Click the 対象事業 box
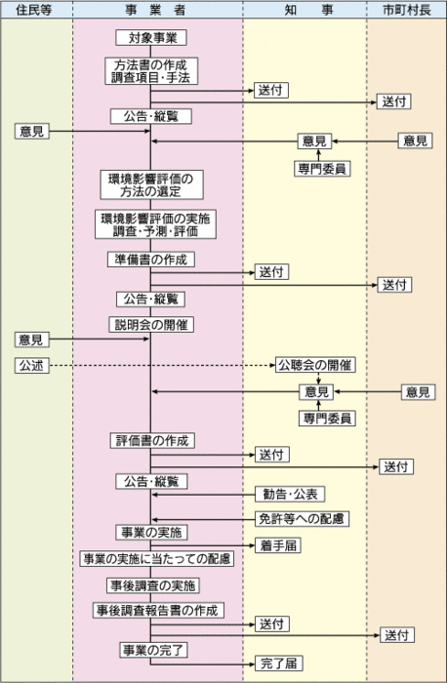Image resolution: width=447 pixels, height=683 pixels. (x=150, y=39)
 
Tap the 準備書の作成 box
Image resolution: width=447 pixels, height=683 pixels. (x=150, y=260)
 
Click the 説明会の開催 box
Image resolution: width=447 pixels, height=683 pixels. (x=150, y=323)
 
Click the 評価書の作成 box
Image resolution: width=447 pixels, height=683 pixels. (x=150, y=441)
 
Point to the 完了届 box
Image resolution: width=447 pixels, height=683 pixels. (x=278, y=663)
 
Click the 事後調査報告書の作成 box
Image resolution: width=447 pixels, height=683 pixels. (x=157, y=610)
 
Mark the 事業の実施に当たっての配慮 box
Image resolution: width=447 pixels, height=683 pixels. (x=156, y=558)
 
